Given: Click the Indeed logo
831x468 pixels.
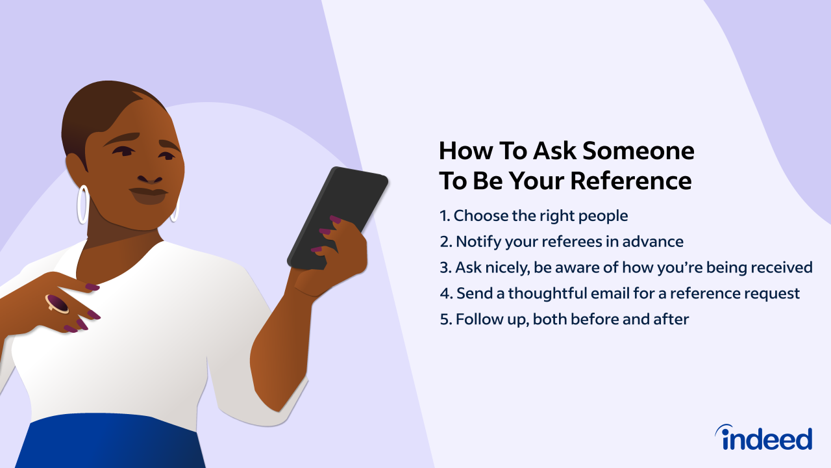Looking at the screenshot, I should [763, 437].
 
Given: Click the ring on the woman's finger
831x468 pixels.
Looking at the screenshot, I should [57, 303].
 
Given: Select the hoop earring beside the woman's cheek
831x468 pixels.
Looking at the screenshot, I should [82, 203].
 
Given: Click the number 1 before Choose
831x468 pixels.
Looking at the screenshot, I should [443, 215].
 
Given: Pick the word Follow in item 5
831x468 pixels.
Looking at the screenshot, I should [476, 319].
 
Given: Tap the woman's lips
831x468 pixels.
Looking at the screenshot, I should [148, 193].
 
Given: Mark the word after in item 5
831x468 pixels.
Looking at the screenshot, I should [671, 319].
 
